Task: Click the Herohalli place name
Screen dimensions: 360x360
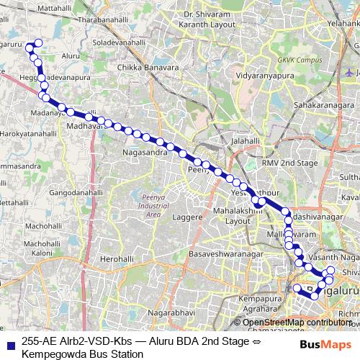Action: coord(118,258)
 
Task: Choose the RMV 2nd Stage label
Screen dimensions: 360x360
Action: coord(289,163)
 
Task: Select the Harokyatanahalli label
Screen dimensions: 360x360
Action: coord(28,134)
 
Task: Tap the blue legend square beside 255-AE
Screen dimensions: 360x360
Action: coord(9,343)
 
